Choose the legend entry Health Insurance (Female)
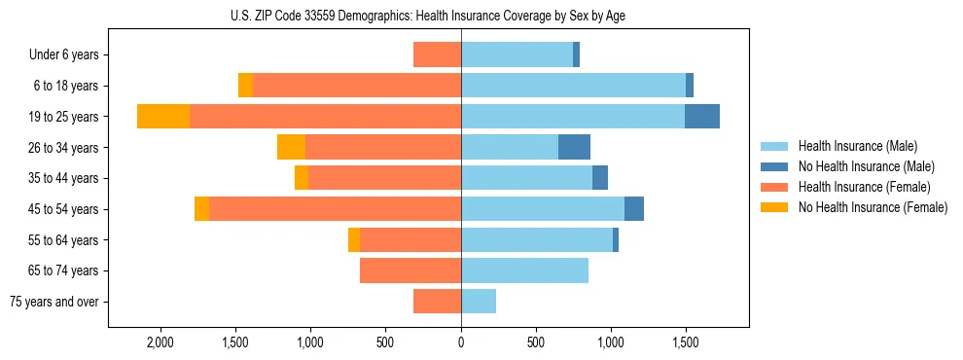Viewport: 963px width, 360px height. (x=864, y=187)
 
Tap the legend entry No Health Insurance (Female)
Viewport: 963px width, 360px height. (x=873, y=207)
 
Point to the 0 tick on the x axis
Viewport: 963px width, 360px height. (x=461, y=343)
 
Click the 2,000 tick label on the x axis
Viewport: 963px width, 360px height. (x=160, y=343)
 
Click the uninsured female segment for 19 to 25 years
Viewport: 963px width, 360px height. (x=163, y=116)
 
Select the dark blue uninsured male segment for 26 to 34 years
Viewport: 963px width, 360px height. (x=574, y=147)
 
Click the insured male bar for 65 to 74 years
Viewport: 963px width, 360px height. (x=524, y=270)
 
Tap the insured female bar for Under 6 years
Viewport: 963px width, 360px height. (x=437, y=54)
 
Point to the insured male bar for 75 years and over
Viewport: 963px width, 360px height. (x=479, y=302)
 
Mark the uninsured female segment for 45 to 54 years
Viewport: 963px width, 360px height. (x=201, y=209)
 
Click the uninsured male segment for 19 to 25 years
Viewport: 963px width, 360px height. (x=702, y=116)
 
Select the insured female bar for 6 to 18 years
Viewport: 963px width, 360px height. (x=357, y=86)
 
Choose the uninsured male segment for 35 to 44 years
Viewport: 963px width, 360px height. (x=600, y=178)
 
